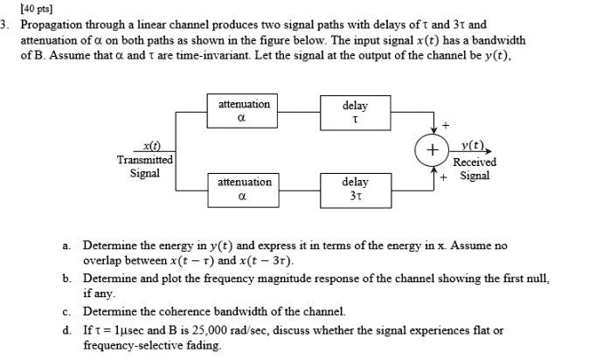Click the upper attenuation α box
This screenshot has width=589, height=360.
(x=244, y=112)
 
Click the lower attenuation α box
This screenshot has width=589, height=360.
(x=244, y=189)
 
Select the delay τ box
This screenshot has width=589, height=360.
(x=355, y=112)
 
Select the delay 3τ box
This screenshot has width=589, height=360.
(x=355, y=189)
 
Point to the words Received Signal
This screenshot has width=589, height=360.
(x=475, y=169)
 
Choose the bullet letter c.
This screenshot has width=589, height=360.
(x=66, y=311)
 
